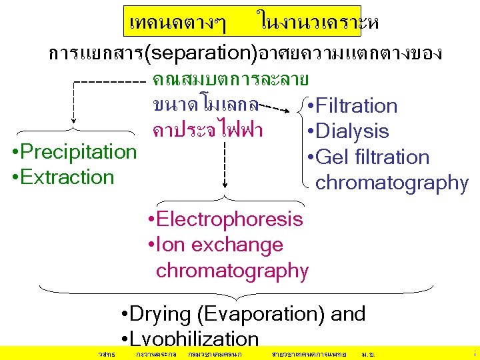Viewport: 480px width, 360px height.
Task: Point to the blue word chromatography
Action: point(392,182)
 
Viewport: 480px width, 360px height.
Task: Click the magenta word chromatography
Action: point(232,271)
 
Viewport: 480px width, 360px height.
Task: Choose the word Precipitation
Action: point(79,151)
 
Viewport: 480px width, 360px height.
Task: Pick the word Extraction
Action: point(67,177)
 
